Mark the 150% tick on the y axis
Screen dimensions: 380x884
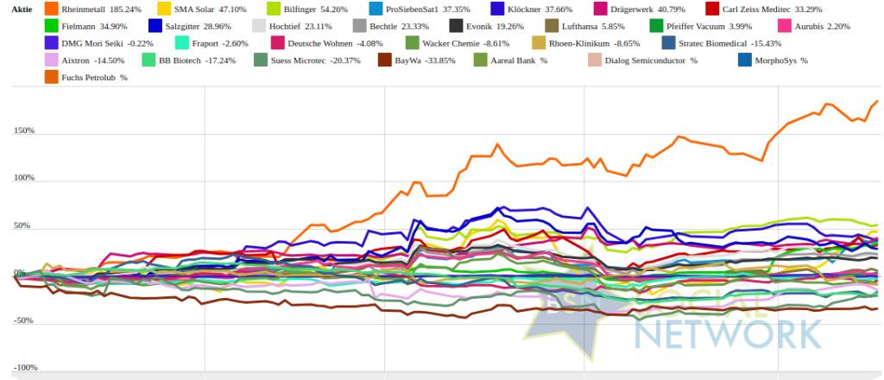(x=23, y=131)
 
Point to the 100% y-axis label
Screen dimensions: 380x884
(x=23, y=179)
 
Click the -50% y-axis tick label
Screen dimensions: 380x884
(x=23, y=320)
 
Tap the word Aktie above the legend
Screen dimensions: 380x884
(x=21, y=9)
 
